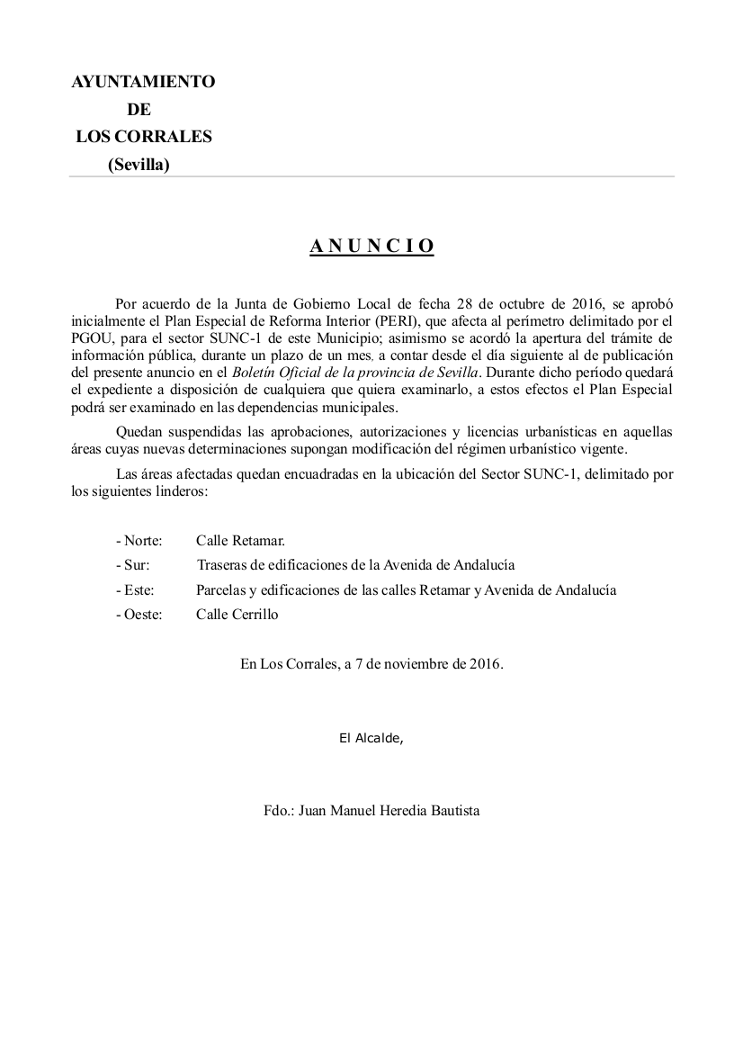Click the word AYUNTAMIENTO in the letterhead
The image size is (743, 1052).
coord(143,82)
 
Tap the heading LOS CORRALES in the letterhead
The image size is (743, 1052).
coord(144,137)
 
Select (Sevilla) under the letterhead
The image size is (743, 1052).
coord(139,165)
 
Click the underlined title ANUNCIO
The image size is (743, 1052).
coord(371,247)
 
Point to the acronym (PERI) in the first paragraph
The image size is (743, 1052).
coord(387,319)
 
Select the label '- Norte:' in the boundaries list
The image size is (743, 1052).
coord(139,541)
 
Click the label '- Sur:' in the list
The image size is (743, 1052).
coord(132,565)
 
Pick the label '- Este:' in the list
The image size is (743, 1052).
coord(135,590)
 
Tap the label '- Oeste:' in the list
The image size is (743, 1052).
coord(139,615)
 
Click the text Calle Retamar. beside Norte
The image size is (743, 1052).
coord(240,541)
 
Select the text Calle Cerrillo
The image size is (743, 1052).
coord(237,615)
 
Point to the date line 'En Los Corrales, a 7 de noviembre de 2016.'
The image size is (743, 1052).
coord(371,664)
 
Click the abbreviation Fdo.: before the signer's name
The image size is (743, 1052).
coord(278,811)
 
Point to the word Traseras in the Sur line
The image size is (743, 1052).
coord(222,565)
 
